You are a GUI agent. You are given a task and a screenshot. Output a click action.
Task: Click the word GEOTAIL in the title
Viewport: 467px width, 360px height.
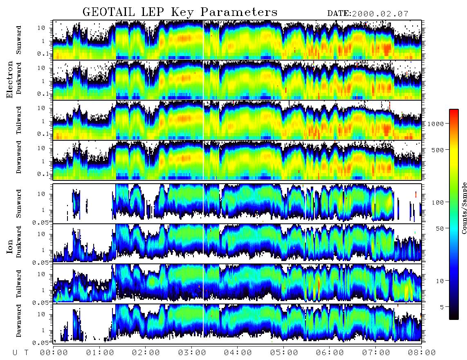(109, 12)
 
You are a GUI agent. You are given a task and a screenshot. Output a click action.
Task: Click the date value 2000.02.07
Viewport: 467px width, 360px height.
(380, 14)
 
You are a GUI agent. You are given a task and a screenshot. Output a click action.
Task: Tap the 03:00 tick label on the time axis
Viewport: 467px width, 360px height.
(192, 353)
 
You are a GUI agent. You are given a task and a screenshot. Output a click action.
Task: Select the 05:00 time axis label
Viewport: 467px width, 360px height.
(284, 353)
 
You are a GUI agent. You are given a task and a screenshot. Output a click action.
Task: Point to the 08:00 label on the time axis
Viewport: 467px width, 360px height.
(422, 353)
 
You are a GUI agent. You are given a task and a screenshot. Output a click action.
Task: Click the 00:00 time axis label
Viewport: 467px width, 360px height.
(54, 353)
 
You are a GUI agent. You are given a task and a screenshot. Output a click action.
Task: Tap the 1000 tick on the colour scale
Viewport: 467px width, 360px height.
(436, 124)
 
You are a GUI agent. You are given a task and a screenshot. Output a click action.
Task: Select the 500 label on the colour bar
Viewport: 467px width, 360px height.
(438, 150)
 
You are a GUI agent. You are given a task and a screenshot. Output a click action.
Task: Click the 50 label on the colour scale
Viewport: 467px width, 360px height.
(440, 229)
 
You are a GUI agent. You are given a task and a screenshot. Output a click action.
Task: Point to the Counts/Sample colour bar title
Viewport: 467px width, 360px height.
(463, 208)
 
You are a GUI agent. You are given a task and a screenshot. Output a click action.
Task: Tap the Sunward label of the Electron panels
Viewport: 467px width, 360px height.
(18, 40)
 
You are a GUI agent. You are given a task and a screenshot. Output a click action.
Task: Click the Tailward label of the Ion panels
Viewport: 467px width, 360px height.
(18, 284)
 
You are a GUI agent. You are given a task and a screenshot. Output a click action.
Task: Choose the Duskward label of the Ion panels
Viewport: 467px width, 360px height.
(18, 242)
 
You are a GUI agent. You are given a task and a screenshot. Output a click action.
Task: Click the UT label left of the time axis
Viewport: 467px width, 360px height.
(20, 353)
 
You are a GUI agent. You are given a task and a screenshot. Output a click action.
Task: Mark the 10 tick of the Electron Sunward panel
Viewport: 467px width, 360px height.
(41, 28)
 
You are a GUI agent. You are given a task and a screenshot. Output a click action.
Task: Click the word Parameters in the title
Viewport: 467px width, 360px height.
(239, 12)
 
